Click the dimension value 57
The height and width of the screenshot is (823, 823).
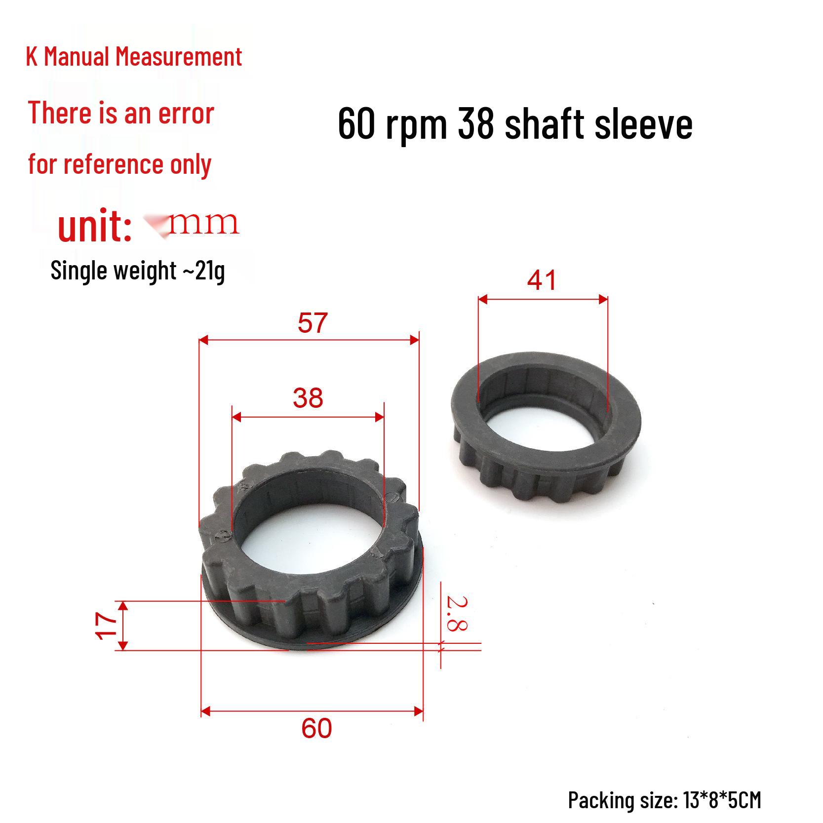[313, 323]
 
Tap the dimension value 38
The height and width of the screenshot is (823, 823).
[308, 398]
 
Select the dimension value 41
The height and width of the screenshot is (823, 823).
[542, 280]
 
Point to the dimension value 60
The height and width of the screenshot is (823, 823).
[316, 728]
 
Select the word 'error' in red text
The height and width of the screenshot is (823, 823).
[186, 114]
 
